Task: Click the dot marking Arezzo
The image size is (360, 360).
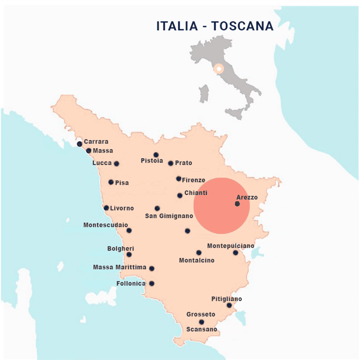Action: (237, 204)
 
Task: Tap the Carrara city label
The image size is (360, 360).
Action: (96, 142)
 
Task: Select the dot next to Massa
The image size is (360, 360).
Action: (89, 151)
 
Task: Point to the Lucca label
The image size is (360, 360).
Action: (102, 163)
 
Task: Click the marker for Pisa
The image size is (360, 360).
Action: (111, 182)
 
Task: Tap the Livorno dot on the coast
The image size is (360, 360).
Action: (106, 208)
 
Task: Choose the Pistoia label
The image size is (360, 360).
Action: (152, 161)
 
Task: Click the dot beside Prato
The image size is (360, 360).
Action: (171, 163)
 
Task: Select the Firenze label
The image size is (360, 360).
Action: (193, 180)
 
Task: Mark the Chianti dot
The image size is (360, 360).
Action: (180, 195)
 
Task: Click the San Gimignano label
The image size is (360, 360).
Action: (169, 216)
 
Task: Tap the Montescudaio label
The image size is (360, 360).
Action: (106, 225)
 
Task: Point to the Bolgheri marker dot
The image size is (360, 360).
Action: (129, 254)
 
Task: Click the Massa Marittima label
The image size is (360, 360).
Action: (120, 267)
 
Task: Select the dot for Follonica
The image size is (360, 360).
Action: (152, 283)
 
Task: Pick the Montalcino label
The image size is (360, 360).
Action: (197, 261)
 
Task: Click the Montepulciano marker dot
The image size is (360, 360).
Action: (235, 252)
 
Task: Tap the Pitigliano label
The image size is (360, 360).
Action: (226, 299)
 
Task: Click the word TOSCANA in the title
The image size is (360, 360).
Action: (243, 26)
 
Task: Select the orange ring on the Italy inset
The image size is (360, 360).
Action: (219, 69)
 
